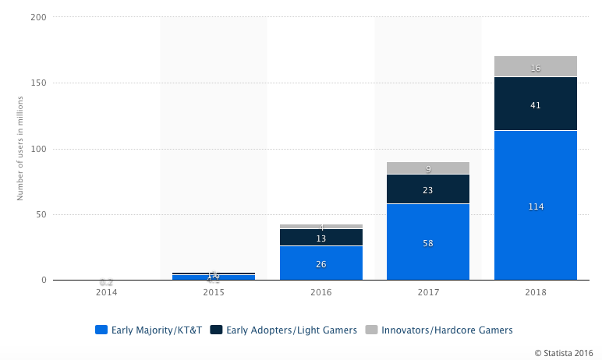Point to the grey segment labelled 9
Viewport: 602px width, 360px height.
(428, 168)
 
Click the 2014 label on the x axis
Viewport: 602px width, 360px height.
(107, 292)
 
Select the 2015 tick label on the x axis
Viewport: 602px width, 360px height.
(214, 292)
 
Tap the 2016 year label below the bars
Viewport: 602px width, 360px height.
(321, 292)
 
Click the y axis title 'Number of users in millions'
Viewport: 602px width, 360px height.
(21, 148)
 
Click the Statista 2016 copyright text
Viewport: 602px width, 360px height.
(565, 352)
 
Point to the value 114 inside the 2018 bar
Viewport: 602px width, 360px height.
(535, 206)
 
